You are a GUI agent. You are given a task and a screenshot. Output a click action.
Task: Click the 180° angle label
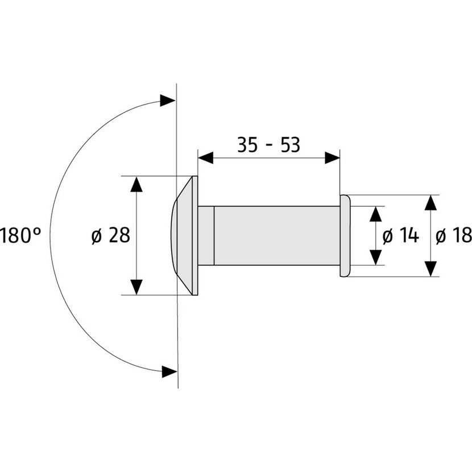tap(20, 235)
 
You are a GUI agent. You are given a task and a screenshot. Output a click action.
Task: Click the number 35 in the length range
tap(247, 145)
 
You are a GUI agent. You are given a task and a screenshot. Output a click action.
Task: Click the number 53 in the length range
tap(290, 145)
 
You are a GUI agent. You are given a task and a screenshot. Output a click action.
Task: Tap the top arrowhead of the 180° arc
tap(167, 101)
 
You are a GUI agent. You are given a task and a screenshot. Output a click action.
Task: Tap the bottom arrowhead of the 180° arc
tap(169, 372)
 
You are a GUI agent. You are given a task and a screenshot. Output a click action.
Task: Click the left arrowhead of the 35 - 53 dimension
tap(206, 158)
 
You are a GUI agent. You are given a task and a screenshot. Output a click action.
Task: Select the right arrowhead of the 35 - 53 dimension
tap(332, 158)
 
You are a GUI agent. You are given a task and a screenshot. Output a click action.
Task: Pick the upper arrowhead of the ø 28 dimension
tap(136, 184)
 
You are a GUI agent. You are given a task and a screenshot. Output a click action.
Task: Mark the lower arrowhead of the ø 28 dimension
tap(136, 287)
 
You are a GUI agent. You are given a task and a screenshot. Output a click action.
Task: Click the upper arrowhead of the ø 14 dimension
tap(376, 214)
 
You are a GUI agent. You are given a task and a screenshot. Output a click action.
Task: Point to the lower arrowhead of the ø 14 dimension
tap(376, 258)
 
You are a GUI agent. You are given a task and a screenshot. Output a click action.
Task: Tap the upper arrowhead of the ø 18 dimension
tap(431, 203)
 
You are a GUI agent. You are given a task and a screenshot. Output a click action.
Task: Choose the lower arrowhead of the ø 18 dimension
tap(431, 269)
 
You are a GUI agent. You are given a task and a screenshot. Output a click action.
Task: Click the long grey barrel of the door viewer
tap(277, 235)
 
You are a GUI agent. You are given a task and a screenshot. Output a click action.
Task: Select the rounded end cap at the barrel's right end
tap(345, 235)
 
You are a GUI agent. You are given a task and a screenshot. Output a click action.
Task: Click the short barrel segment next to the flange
tap(206, 235)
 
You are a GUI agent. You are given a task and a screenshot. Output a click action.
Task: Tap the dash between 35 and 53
tap(269, 146)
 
